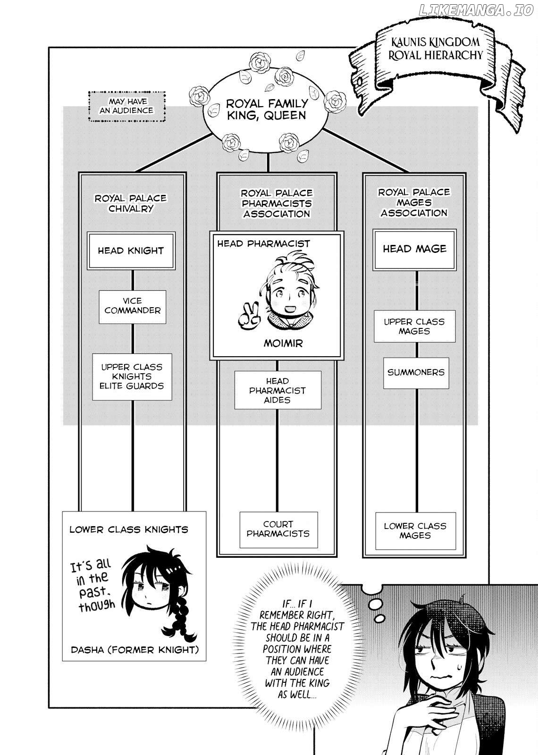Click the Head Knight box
click(131, 251)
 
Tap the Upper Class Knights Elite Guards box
click(132, 377)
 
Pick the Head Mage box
click(415, 250)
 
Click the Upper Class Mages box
click(415, 326)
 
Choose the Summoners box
click(416, 373)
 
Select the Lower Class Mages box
click(415, 531)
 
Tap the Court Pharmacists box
click(278, 529)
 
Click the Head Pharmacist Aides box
click(278, 390)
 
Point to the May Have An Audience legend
click(127, 106)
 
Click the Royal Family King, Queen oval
click(266, 109)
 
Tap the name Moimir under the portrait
click(283, 344)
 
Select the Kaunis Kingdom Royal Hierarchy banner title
click(436, 49)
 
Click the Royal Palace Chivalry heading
click(131, 203)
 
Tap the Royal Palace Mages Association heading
click(414, 202)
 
